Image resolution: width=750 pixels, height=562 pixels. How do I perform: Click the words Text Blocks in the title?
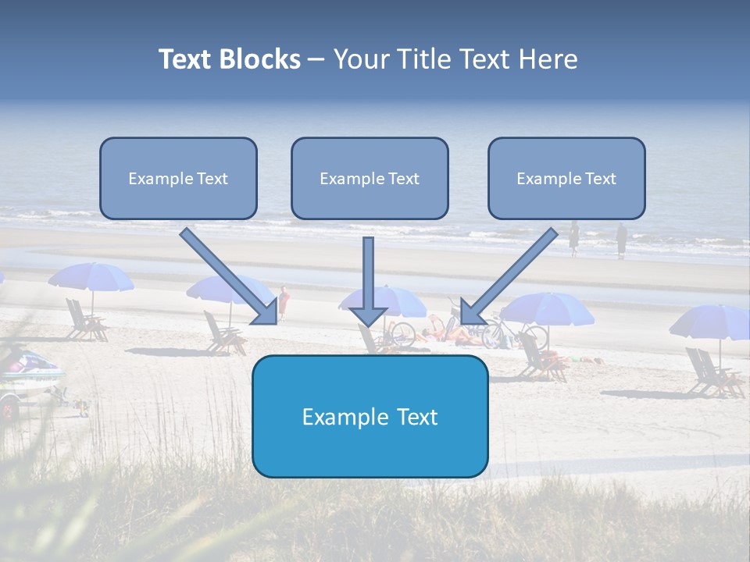(229, 59)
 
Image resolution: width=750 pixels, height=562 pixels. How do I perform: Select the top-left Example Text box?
(178, 179)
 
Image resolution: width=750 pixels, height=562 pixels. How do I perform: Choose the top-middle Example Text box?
(370, 179)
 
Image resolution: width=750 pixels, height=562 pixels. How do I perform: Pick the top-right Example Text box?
(566, 179)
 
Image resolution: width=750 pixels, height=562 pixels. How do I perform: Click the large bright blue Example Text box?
(370, 417)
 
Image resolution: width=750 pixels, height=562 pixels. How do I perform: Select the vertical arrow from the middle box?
(368, 281)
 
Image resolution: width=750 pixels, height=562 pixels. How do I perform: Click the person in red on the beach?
(284, 302)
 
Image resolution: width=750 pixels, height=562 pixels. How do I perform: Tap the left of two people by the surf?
(573, 237)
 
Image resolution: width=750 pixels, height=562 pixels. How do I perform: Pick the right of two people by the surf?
(621, 239)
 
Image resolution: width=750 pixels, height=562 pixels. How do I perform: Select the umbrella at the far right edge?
(711, 321)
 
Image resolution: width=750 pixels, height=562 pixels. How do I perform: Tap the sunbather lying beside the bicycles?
(453, 335)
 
